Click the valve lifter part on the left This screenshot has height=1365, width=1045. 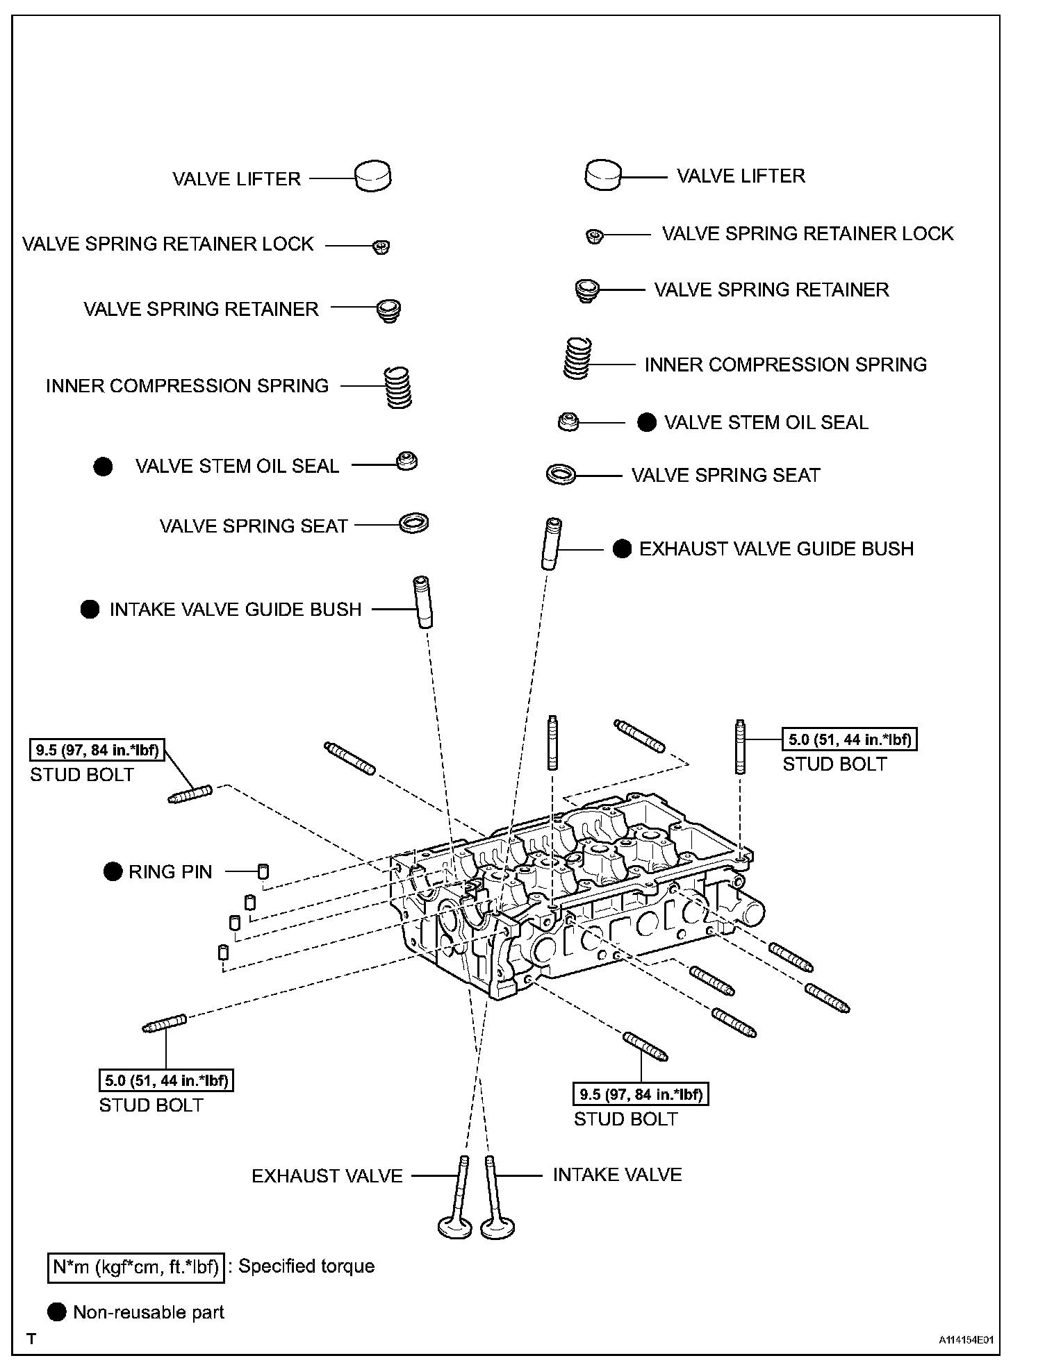click(x=373, y=176)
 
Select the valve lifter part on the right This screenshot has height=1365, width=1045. click(x=602, y=175)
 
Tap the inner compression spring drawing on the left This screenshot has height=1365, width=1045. click(x=399, y=387)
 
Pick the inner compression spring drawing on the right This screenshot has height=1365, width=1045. click(x=577, y=358)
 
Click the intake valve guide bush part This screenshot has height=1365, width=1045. click(x=422, y=601)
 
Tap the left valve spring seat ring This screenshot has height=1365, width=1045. click(x=414, y=524)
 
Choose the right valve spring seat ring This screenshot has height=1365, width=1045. click(x=561, y=475)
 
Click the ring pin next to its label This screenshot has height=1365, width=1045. click(x=263, y=871)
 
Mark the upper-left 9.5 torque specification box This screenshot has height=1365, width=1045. click(x=97, y=750)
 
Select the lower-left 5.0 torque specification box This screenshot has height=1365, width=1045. click(x=166, y=1080)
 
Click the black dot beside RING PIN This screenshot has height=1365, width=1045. click(x=113, y=871)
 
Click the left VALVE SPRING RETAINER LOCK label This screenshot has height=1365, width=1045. click(x=168, y=244)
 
